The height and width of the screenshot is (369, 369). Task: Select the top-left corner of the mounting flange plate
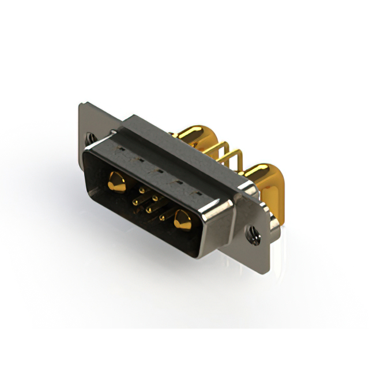click(x=81, y=106)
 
